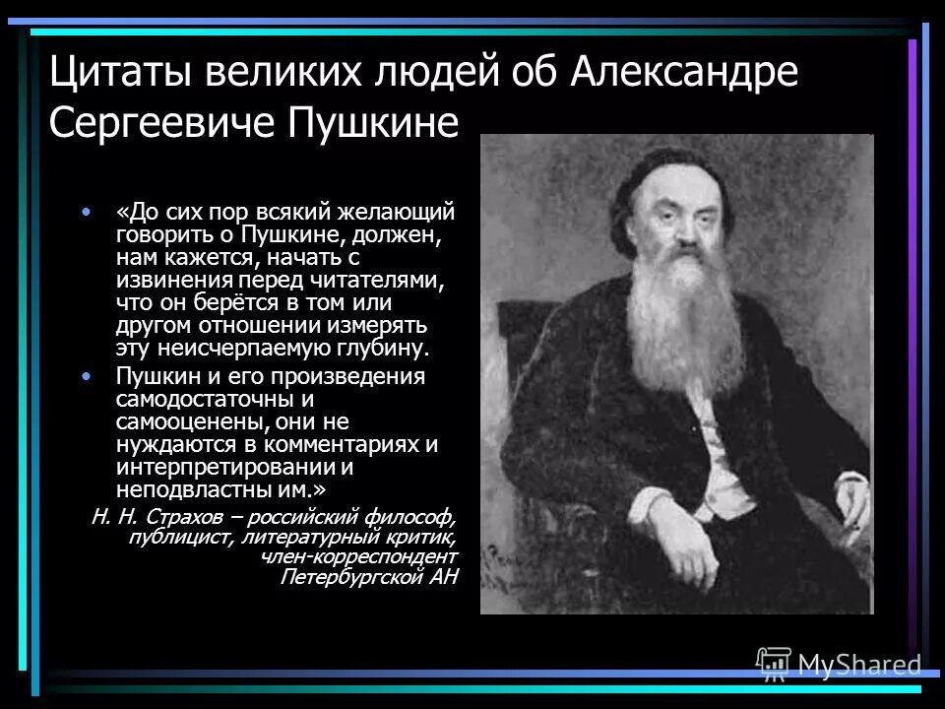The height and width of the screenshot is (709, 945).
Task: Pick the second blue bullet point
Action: [88, 376]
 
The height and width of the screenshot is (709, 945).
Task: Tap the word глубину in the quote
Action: [381, 349]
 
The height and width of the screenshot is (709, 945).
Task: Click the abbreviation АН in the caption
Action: [444, 578]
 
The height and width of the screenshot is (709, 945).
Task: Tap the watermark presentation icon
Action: [773, 664]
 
